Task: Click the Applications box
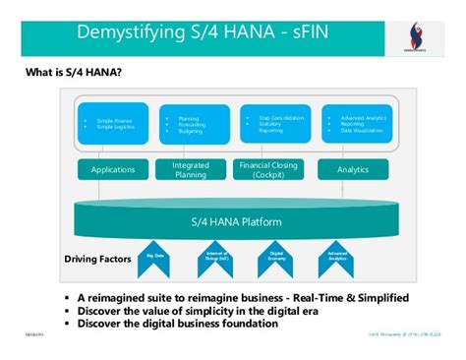point(113,170)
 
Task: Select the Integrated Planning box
point(191,170)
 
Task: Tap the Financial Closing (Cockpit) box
point(268,170)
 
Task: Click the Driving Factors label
point(96,261)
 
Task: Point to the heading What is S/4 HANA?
point(66,72)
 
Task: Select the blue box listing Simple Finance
point(113,124)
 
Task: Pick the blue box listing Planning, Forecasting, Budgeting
point(191,124)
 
